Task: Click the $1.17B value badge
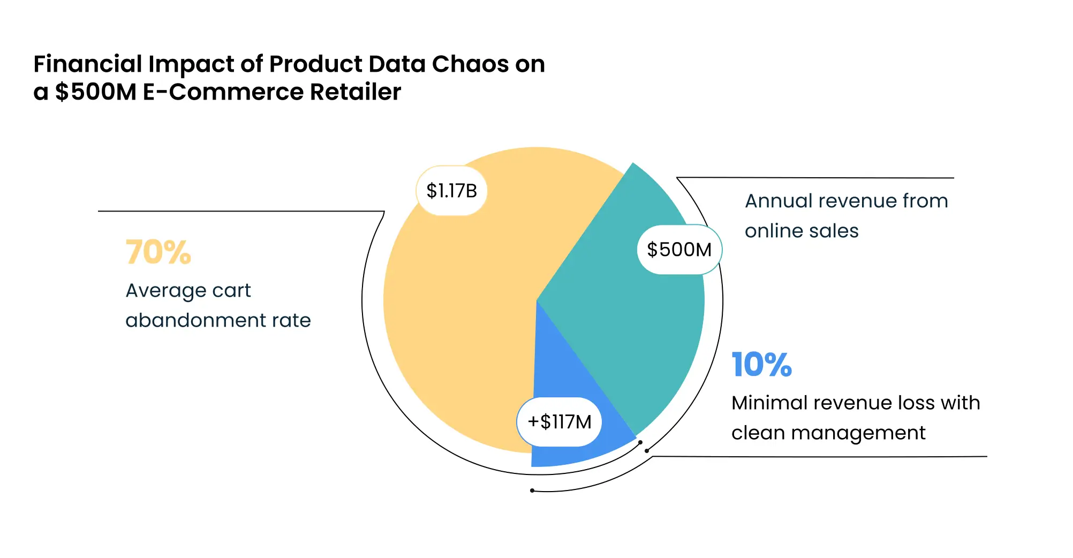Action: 451,191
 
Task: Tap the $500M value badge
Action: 679,250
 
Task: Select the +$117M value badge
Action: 560,422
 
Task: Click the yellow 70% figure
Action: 158,252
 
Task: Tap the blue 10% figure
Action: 761,365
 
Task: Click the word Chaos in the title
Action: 470,64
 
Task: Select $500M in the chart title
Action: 96,92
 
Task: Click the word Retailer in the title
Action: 355,92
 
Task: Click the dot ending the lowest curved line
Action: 532,491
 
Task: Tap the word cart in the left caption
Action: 231,290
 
